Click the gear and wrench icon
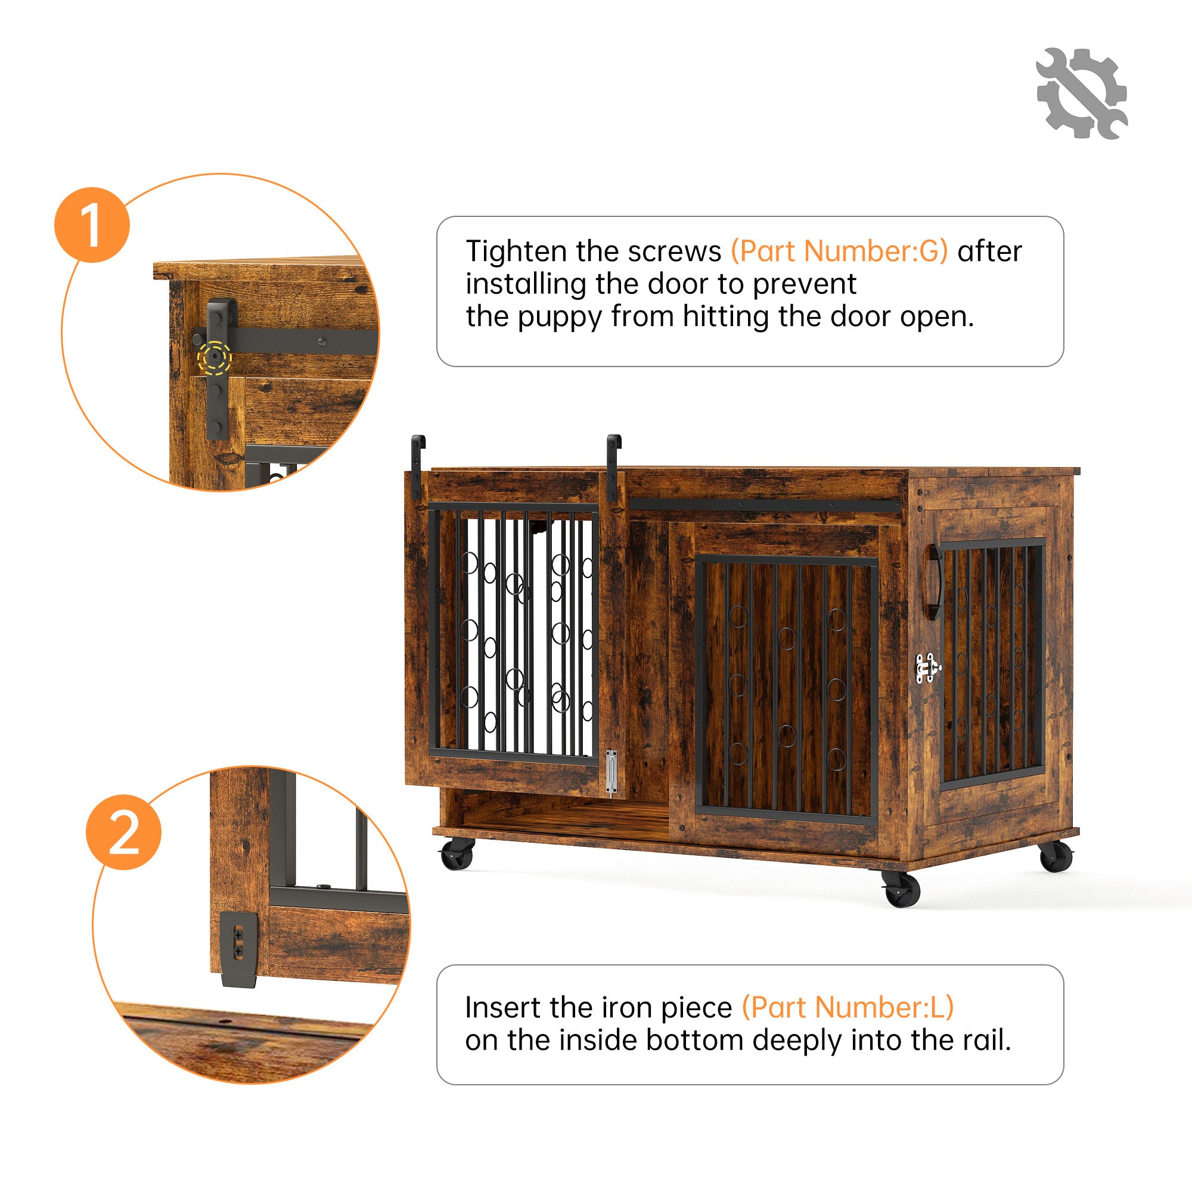point(1082,93)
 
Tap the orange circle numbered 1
point(92,225)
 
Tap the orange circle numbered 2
point(123,831)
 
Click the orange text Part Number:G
point(839,252)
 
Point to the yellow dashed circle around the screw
point(214,357)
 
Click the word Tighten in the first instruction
point(516,252)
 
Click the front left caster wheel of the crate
point(457,854)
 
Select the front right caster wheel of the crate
point(901,889)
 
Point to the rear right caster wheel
point(1056,855)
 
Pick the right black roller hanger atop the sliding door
point(613,467)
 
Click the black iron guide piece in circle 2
point(239,948)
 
